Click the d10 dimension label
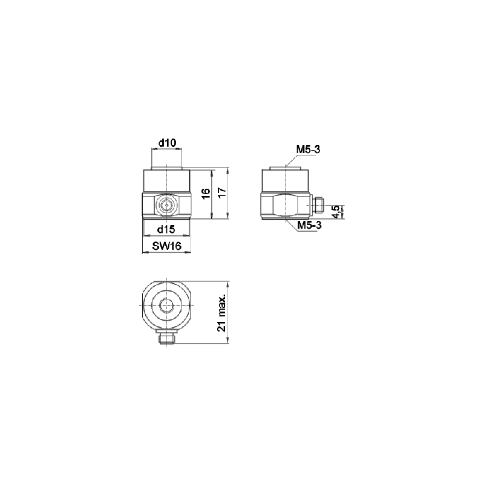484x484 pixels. pyautogui.click(x=167, y=143)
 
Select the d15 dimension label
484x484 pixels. pyautogui.click(x=166, y=229)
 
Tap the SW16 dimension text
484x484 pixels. pyautogui.click(x=166, y=246)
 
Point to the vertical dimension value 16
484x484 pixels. pyautogui.click(x=206, y=193)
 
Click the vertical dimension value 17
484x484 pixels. pyautogui.click(x=222, y=192)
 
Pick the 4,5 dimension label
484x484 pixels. pyautogui.click(x=336, y=212)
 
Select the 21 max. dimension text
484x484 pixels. pyautogui.click(x=222, y=312)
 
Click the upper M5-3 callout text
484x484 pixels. pyautogui.click(x=309, y=149)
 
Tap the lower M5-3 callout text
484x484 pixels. pyautogui.click(x=309, y=225)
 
